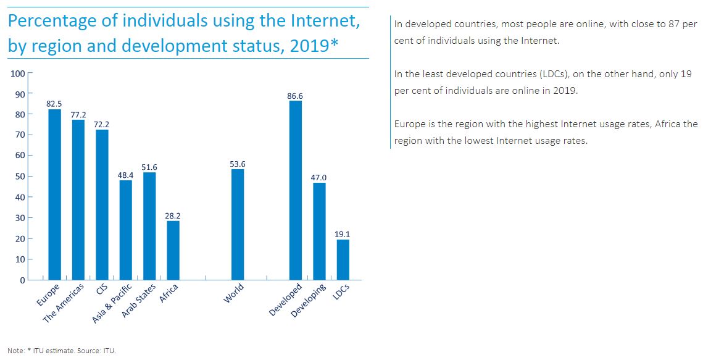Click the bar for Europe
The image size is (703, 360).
pyautogui.click(x=55, y=195)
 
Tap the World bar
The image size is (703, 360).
pyautogui.click(x=238, y=224)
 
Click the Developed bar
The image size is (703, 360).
pyautogui.click(x=296, y=190)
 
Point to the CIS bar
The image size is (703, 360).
pyautogui.click(x=102, y=204)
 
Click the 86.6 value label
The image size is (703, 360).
pyautogui.click(x=296, y=96)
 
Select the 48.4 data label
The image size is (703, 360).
pyautogui.click(x=126, y=175)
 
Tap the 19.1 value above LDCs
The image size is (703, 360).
pyautogui.click(x=343, y=235)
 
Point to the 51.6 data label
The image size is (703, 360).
pyautogui.click(x=150, y=167)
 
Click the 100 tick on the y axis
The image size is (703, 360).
pyautogui.click(x=18, y=73)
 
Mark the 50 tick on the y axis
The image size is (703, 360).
pyautogui.click(x=20, y=177)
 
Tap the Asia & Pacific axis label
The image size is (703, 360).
pyautogui.click(x=112, y=304)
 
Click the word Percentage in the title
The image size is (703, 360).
pyautogui.click(x=53, y=21)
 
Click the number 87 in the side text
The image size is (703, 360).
pyautogui.click(x=668, y=24)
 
